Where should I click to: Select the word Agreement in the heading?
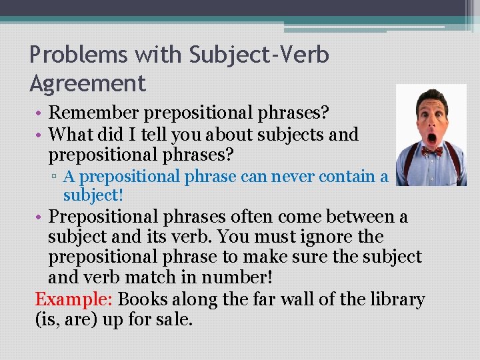pos(87,83)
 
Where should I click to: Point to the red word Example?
pos(73,299)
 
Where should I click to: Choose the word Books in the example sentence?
pos(142,299)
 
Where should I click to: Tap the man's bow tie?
pos(431,151)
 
